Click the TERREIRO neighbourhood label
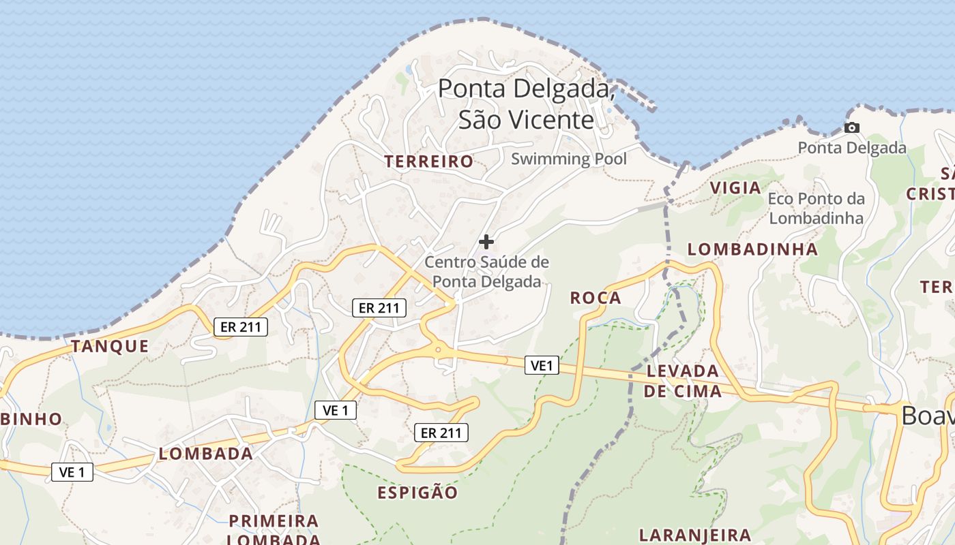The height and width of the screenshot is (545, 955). click(428, 161)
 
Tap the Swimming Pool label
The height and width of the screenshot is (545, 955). click(569, 159)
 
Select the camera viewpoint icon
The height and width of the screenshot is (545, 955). click(851, 127)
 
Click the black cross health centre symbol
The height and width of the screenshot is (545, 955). click(486, 241)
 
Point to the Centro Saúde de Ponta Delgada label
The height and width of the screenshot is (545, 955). click(487, 271)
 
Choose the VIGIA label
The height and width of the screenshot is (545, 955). click(735, 188)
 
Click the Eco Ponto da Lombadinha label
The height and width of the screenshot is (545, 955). click(816, 208)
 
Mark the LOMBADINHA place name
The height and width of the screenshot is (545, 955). click(752, 249)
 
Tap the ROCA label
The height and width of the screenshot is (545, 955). click(596, 298)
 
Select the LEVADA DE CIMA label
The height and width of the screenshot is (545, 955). click(683, 381)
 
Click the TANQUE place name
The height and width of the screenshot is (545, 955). click(110, 346)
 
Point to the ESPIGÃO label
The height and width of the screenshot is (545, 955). click(417, 493)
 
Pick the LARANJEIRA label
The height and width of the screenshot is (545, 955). click(695, 535)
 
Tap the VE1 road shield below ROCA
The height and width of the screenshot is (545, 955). click(542, 366)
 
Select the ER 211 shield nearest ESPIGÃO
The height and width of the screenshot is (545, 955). click(441, 433)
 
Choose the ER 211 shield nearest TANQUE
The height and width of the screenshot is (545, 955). click(241, 327)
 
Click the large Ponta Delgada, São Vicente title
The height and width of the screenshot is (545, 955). click(526, 104)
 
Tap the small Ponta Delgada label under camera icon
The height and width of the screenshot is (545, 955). click(852, 148)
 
